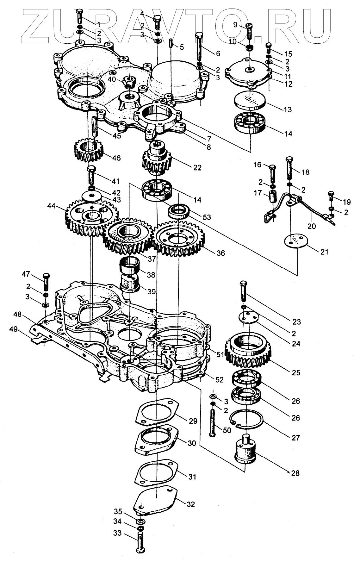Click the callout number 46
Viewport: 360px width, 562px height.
point(116,158)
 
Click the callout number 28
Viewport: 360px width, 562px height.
point(295,473)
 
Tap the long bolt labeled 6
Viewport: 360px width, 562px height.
point(200,47)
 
